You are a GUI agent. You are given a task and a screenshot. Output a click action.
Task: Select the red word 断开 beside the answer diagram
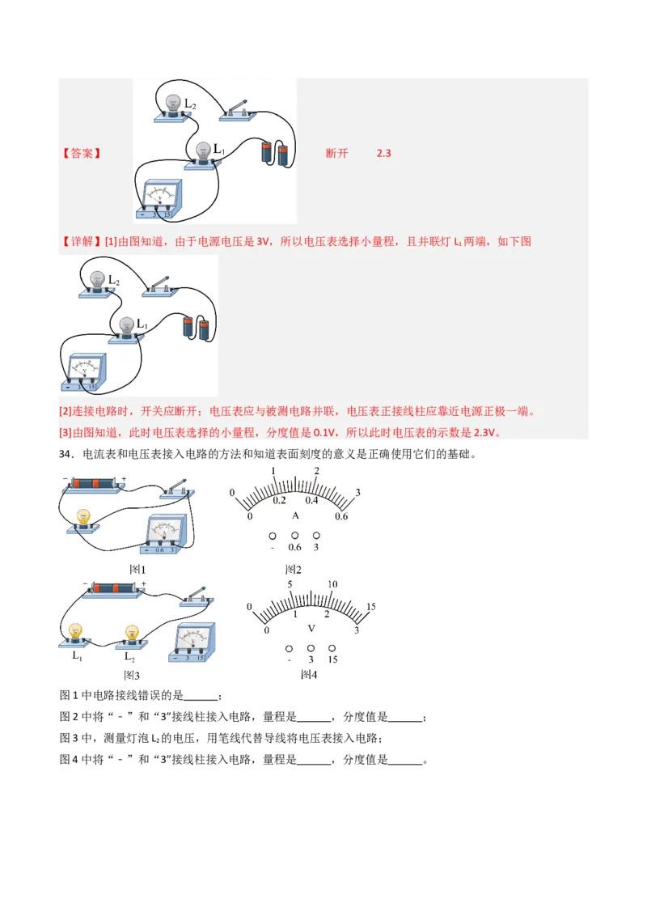[x=336, y=153]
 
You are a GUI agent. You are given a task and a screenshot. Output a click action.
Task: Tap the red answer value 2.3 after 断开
[x=384, y=153]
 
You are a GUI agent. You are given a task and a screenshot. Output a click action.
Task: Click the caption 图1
[x=137, y=570]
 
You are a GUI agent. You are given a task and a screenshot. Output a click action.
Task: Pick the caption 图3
[x=132, y=674]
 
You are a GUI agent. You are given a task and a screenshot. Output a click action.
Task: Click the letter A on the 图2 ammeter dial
[x=295, y=515]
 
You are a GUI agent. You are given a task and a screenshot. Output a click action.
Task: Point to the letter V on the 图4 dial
[x=311, y=628]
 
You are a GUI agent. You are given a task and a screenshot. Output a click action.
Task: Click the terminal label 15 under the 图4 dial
[x=332, y=659]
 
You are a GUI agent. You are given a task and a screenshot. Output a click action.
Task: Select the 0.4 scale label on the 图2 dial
[x=311, y=500]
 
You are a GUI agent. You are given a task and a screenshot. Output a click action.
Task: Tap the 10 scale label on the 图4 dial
[x=332, y=584]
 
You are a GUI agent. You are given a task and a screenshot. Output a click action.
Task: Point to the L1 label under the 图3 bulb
[x=78, y=655]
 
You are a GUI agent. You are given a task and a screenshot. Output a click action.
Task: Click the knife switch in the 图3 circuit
[x=198, y=598]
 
